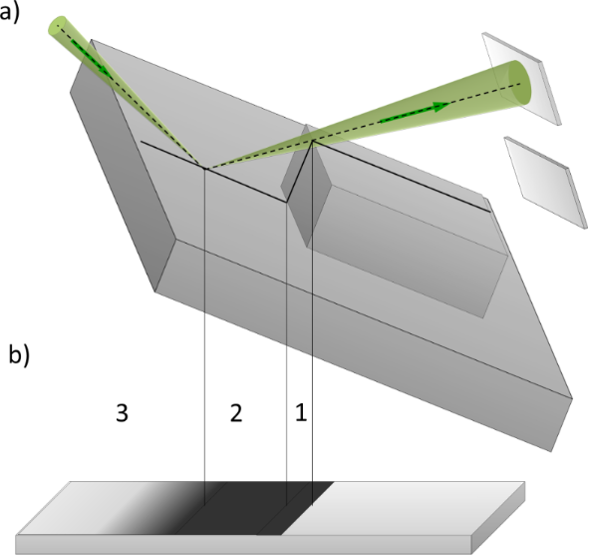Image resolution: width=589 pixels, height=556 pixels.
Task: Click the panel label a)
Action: coord(9,14)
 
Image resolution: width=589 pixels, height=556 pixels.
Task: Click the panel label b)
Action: coord(19,354)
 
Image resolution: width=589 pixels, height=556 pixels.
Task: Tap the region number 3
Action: coord(122,413)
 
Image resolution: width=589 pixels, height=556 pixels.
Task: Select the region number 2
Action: coord(236,413)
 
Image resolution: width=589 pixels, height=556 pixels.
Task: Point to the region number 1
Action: coord(301,412)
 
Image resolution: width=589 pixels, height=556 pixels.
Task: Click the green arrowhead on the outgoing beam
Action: coord(441,107)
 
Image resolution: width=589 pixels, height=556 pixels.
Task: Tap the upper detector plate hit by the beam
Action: coord(521,78)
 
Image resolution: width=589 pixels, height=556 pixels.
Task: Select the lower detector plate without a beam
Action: coord(546,183)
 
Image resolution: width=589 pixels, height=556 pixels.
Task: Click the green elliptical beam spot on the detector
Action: coord(519,84)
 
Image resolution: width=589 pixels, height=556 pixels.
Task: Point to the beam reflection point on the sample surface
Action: coord(205,168)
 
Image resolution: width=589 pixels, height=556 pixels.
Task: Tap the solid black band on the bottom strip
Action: coord(255,508)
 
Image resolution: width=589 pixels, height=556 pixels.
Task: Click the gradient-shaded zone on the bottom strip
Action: coord(157,508)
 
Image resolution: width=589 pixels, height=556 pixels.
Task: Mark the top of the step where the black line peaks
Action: coord(312,141)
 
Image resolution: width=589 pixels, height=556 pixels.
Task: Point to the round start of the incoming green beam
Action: coord(58,26)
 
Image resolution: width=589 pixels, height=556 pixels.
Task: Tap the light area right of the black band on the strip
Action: coord(406,508)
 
